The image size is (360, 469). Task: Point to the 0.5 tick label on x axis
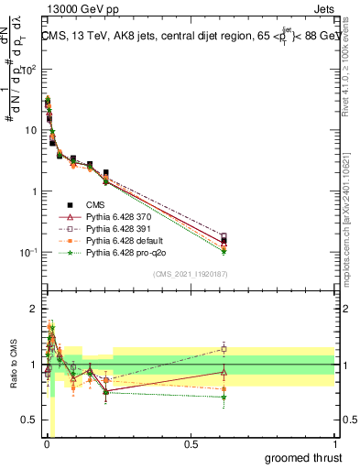[191, 444]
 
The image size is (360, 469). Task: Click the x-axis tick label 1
[334, 444]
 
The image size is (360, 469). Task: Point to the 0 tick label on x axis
[46, 444]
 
